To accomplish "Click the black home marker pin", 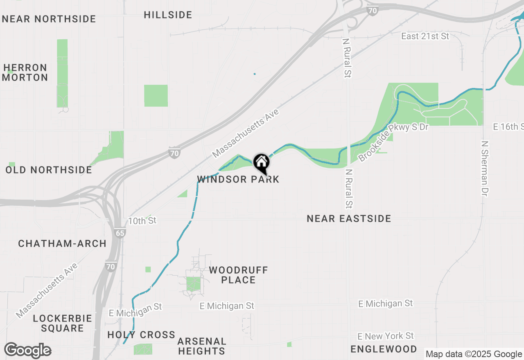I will (x=261, y=163).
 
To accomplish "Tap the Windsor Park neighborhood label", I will (x=238, y=180).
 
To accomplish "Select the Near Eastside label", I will (x=349, y=219).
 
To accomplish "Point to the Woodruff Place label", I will (x=238, y=275).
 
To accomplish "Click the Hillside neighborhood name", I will (x=168, y=15).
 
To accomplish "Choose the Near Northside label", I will (x=49, y=19).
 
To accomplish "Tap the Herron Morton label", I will (x=26, y=72).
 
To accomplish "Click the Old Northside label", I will (x=49, y=170).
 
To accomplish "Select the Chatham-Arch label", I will (x=62, y=244).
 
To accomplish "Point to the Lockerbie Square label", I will (x=63, y=323).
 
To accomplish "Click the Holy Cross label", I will (x=141, y=335).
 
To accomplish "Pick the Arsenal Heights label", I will (x=202, y=346).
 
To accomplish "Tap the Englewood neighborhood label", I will (x=384, y=349).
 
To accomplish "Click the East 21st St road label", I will (x=425, y=36).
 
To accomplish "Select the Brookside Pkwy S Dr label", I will (x=393, y=142).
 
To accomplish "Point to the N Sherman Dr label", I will (x=485, y=169).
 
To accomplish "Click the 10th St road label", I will (x=142, y=221).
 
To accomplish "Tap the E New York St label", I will (x=386, y=336).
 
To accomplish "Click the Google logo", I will (x=27, y=351).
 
